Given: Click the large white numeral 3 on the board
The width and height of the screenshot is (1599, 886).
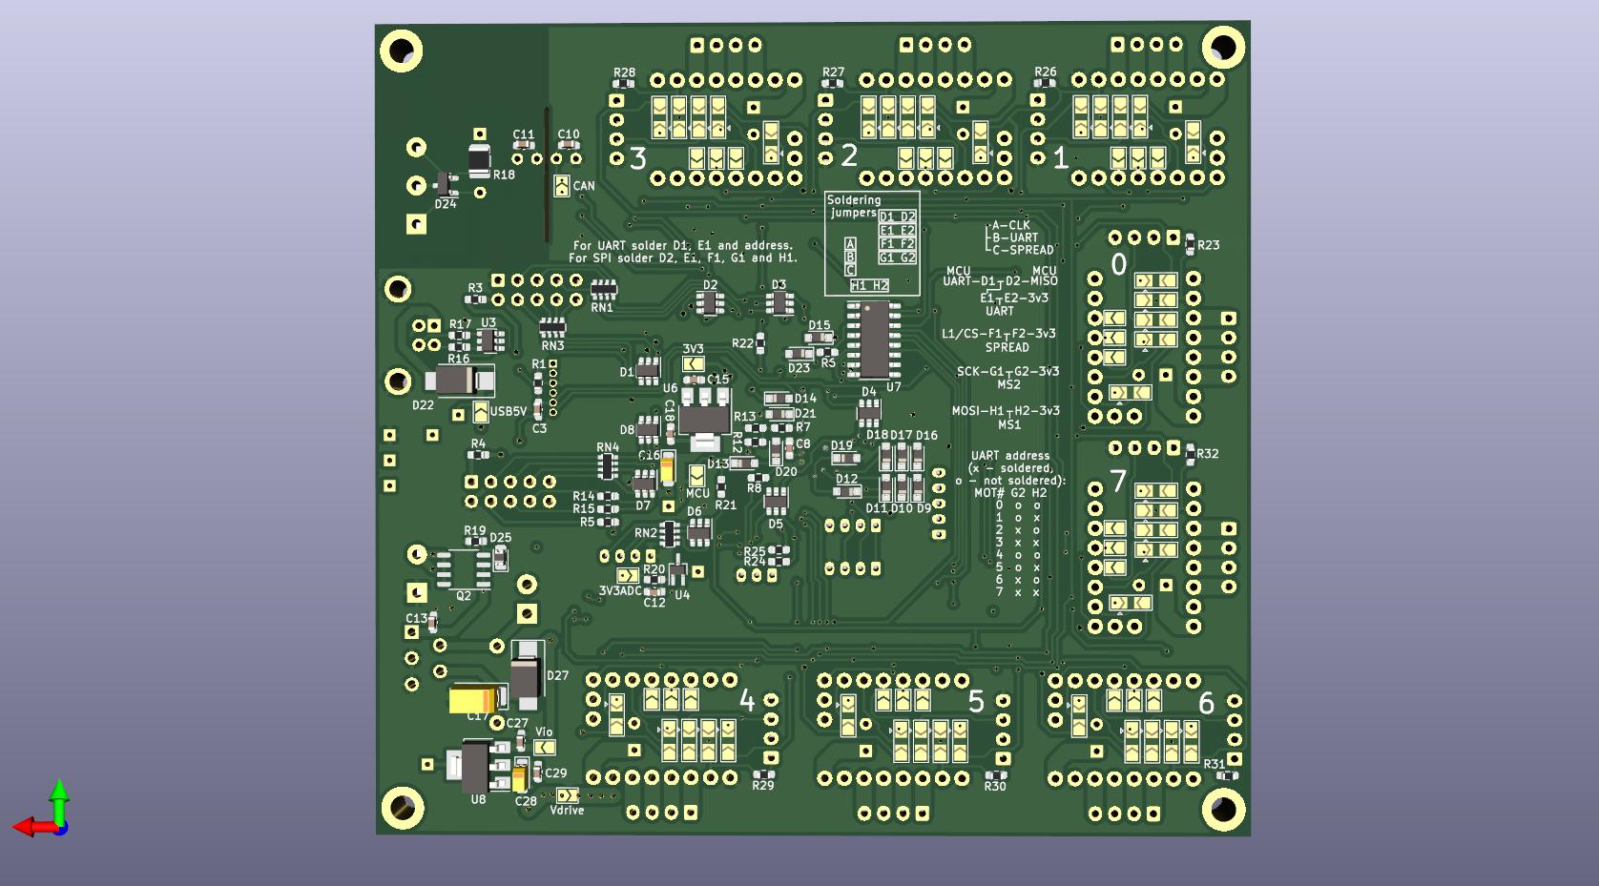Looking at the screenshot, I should [638, 157].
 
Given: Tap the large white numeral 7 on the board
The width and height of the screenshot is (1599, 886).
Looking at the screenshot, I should [1118, 481].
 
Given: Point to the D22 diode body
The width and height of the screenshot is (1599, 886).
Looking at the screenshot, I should [459, 382].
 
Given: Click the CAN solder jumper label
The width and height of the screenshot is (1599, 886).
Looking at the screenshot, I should [584, 186].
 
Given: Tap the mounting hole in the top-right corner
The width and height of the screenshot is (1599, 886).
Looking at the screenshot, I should [1223, 47].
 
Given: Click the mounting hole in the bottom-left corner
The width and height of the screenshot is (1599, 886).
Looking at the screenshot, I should [403, 808].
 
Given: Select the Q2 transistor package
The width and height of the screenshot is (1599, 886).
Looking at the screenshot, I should [464, 569].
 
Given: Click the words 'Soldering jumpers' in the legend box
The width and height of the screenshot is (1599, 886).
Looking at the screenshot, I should [853, 206].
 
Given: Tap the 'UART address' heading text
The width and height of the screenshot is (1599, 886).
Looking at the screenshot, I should [1010, 456].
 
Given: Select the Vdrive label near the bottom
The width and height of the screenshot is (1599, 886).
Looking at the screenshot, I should [567, 811].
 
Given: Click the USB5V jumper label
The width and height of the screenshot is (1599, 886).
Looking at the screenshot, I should [509, 412].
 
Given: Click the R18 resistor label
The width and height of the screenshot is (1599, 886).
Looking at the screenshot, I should [504, 175].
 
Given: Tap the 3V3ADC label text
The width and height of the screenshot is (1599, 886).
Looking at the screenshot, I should [620, 591].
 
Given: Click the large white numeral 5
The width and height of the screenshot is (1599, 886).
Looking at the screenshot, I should [976, 701].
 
